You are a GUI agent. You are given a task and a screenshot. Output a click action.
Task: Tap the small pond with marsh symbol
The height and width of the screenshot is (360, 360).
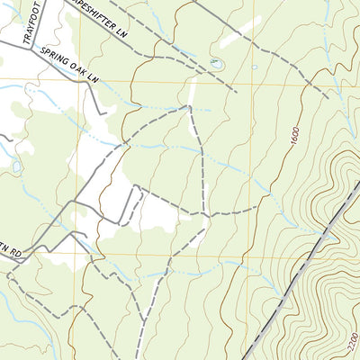click(x=215, y=63)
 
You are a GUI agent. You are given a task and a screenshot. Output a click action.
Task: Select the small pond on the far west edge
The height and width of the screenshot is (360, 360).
click(x=15, y=166)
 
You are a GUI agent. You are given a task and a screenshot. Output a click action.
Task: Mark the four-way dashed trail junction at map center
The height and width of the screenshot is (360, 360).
click(x=208, y=216)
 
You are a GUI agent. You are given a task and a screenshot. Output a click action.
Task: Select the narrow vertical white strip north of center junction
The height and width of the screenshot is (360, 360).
click(x=192, y=90)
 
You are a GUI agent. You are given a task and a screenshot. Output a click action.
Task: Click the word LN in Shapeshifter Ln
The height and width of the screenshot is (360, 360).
click(x=134, y=34)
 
